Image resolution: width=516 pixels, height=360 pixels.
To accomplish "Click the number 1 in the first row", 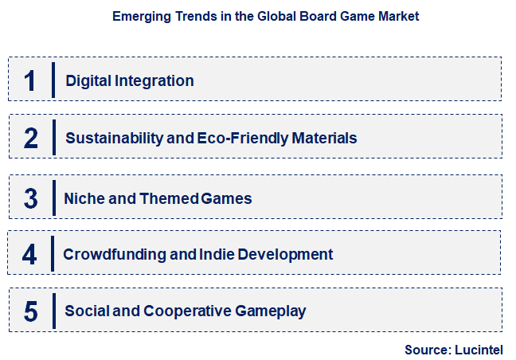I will [x=30, y=80].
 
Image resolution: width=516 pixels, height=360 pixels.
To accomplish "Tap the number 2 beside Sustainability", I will [x=31, y=139].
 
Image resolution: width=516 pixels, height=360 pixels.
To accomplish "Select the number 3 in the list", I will [x=31, y=198].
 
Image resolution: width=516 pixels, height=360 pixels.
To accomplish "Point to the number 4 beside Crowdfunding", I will [x=30, y=255].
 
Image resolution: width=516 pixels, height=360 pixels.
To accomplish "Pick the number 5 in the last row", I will [x=31, y=311].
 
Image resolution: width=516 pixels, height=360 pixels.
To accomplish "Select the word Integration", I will [x=154, y=80].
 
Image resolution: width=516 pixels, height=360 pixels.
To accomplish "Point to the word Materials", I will [x=323, y=139].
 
